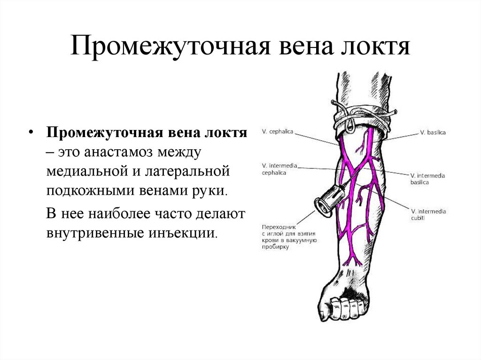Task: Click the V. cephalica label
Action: [x=278, y=132]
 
